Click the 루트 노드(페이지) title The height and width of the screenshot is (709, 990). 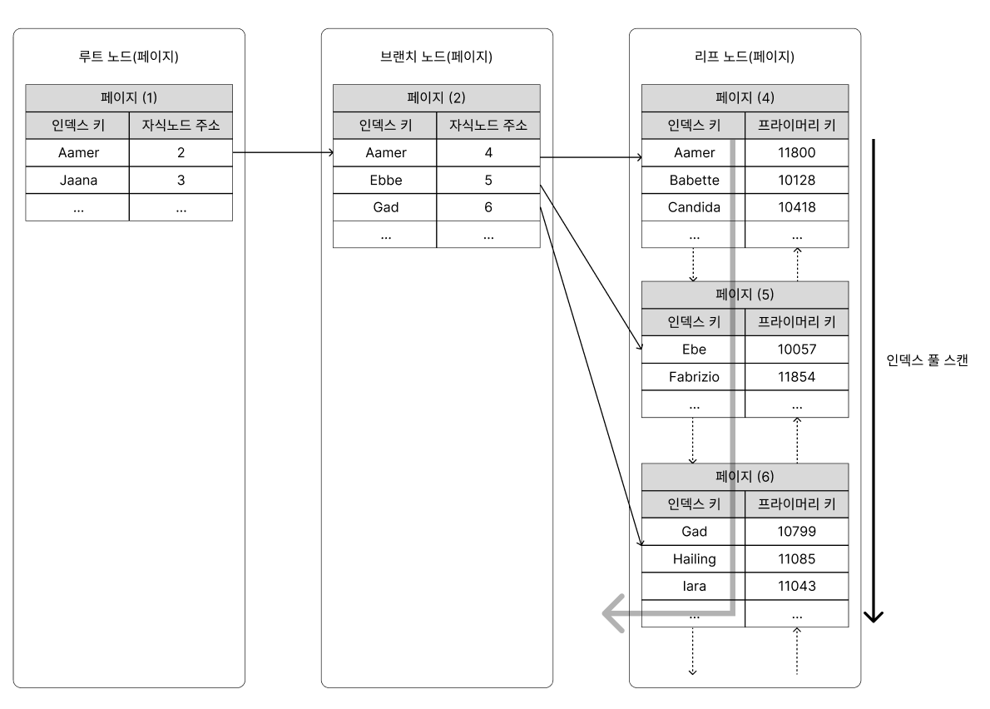coord(129,57)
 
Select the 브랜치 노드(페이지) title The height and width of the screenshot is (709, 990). coord(436,57)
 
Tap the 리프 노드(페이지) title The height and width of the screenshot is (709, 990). coord(745,57)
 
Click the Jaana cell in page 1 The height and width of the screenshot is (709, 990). coord(77,180)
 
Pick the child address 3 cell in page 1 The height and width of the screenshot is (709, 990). coord(181,180)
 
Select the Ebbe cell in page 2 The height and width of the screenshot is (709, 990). coord(385,180)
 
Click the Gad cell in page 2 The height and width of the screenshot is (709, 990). coord(385,207)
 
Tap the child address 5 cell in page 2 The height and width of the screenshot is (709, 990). coord(488,180)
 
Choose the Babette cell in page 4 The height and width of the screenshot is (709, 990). coord(694,180)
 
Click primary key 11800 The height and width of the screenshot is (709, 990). coord(797,152)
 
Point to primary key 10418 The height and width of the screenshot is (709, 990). coord(797,207)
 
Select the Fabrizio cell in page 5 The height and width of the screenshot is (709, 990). coord(694,377)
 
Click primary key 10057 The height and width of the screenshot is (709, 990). coord(797,350)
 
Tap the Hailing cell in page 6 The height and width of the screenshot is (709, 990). coord(694,558)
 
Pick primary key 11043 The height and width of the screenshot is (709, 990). coord(797,586)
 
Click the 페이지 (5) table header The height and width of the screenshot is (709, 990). coord(745,295)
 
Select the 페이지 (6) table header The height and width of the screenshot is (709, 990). coord(745,477)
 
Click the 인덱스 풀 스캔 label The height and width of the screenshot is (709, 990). coord(927,360)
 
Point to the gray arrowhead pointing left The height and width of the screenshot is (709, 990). coord(613,613)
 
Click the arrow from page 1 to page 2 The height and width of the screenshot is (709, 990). coord(283,152)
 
